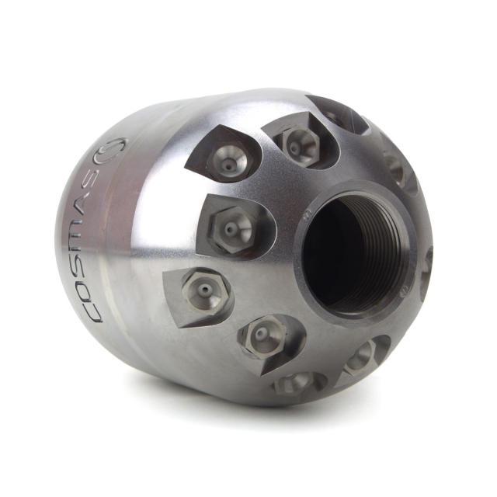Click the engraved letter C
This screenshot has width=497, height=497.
(93, 311)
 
